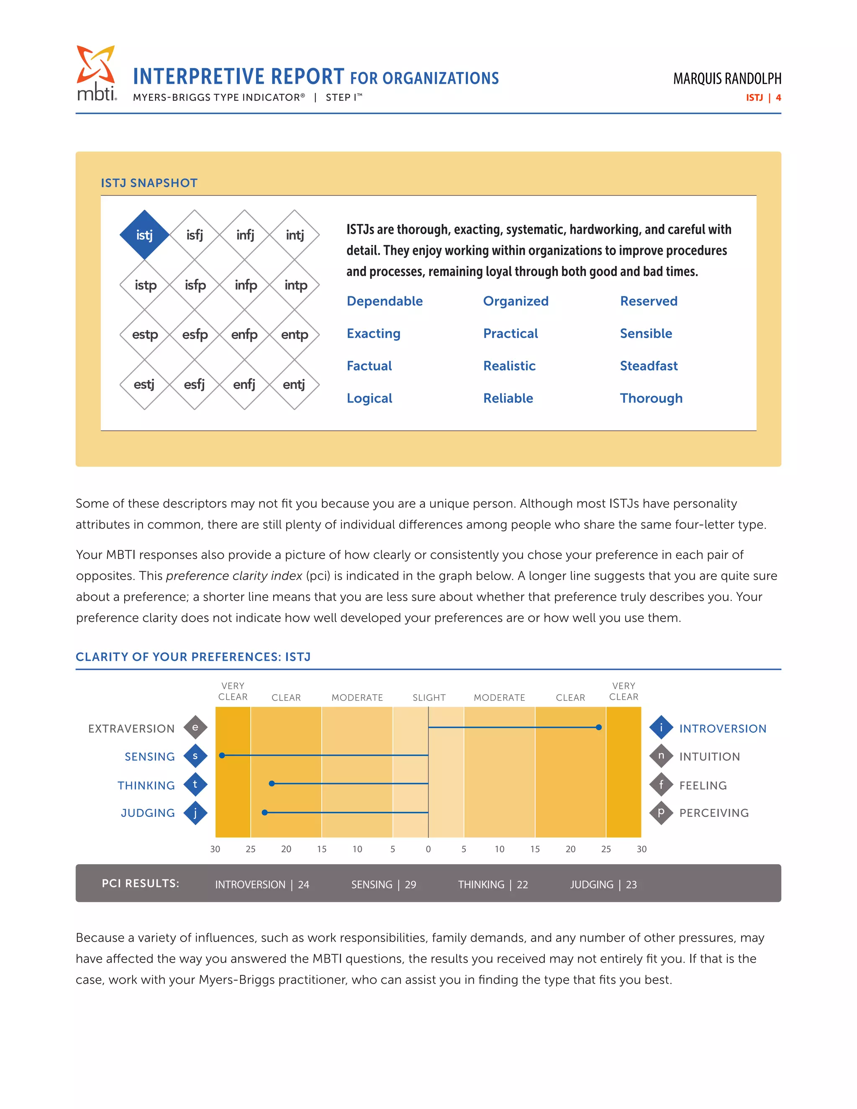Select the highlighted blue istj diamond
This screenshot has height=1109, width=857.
145,235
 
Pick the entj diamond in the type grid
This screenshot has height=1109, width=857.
294,385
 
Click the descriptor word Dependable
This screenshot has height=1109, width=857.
384,301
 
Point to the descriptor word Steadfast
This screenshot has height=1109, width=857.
648,366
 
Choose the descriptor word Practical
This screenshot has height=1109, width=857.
510,334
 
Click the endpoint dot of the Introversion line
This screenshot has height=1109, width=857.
598,727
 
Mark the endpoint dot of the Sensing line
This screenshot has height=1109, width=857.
222,755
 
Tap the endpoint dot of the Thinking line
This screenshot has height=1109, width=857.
272,783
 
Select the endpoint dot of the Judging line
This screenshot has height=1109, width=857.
264,812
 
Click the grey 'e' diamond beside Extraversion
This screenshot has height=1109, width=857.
195,727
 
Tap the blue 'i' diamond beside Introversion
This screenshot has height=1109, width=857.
661,727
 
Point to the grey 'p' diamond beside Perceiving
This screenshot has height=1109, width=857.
661,812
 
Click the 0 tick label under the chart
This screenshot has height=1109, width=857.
428,849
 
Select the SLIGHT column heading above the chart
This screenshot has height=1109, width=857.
429,698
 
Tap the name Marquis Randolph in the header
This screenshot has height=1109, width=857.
727,79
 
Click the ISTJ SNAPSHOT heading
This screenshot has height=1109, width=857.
149,183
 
